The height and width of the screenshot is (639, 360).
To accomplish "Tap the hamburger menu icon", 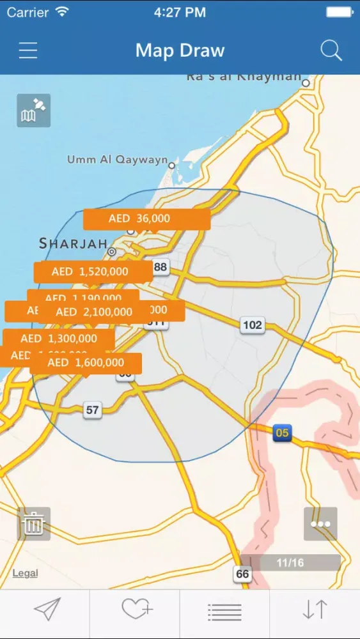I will pyautogui.click(x=28, y=50).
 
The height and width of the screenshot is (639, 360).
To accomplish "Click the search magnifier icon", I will pyautogui.click(x=331, y=50).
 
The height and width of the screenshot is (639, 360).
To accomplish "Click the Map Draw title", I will pyautogui.click(x=180, y=50).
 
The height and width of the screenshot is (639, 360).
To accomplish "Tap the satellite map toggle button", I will pyautogui.click(x=33, y=111).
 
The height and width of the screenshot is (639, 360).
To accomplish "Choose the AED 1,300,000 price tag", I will pyautogui.click(x=59, y=339).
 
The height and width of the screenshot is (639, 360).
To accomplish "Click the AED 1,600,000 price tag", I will pyautogui.click(x=85, y=363).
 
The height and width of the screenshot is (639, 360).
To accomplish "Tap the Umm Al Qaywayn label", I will pyautogui.click(x=117, y=160).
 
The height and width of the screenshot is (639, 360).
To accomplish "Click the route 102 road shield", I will pyautogui.click(x=253, y=325).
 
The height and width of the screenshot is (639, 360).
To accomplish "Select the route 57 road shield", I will pyautogui.click(x=93, y=410).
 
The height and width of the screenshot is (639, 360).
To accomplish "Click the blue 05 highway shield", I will pyautogui.click(x=282, y=433).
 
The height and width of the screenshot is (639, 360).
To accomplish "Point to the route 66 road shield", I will pyautogui.click(x=242, y=574).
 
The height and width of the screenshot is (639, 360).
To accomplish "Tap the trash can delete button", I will pyautogui.click(x=33, y=524).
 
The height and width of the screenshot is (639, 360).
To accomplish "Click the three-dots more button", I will pyautogui.click(x=320, y=524).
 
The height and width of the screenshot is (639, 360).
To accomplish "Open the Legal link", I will pyautogui.click(x=25, y=573).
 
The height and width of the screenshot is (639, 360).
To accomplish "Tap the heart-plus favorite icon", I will pyautogui.click(x=135, y=610).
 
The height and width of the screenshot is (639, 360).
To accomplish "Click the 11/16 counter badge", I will pyautogui.click(x=290, y=562).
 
